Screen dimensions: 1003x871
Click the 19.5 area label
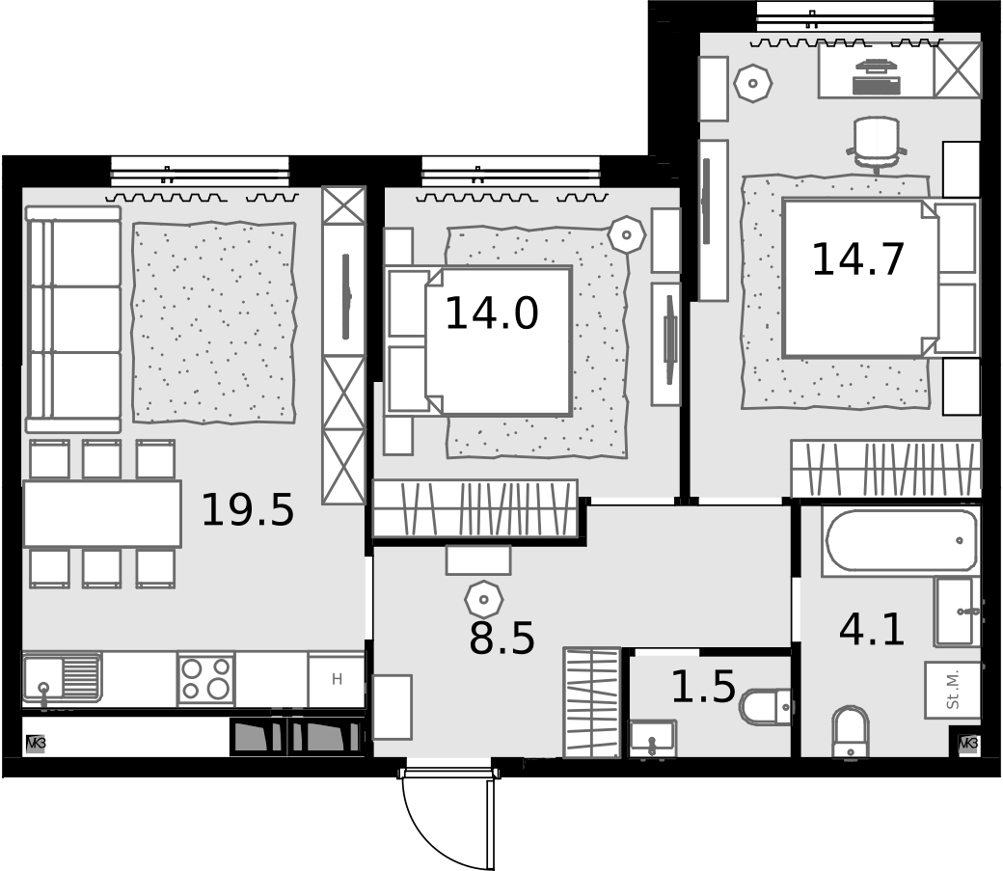[x=248, y=510]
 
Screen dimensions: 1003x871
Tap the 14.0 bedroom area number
[x=491, y=313]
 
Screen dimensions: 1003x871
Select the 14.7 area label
[x=857, y=259]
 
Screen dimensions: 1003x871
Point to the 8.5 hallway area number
[x=501, y=638]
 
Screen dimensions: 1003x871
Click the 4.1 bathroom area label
[x=871, y=629]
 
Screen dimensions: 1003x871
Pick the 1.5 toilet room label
[x=703, y=686]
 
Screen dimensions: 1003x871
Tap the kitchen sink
[x=62, y=678]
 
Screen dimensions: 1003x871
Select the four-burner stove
[x=206, y=679]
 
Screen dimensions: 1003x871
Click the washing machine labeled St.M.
[x=953, y=690]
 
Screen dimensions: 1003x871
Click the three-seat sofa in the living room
[x=73, y=319]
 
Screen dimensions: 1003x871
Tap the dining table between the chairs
[x=102, y=514]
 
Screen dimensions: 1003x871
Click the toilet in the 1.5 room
[x=767, y=706]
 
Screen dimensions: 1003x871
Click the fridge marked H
[x=337, y=680]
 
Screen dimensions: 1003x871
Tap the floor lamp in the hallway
[x=484, y=600]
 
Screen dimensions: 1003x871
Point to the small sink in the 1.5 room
[x=653, y=738]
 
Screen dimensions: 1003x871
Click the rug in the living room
[x=214, y=322]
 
